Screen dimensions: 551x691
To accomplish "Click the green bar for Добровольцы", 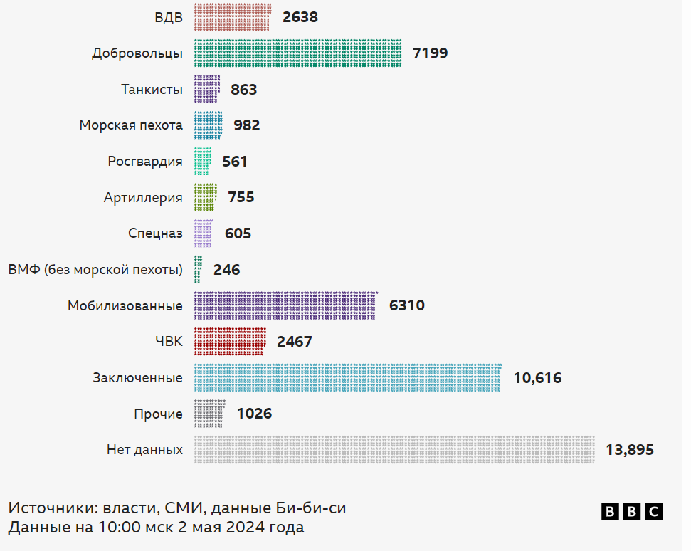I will tap(297, 53).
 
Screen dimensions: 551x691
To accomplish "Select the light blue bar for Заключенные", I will tap(347, 377).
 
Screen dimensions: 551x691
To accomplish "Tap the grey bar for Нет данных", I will tap(394, 450).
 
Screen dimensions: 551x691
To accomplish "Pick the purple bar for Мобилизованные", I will tap(285, 305).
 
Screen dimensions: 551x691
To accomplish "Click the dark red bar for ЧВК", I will tap(230, 342).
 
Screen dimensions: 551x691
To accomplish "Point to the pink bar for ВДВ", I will tap(232, 17).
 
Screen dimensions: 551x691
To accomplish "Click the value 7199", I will tap(430, 53).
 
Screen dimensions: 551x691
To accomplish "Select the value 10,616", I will tap(537, 378).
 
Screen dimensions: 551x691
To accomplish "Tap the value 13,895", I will tap(630, 450).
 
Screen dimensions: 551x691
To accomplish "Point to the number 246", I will tap(227, 270).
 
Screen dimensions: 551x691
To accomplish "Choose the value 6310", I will tap(407, 305).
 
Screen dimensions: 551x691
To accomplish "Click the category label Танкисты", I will tap(152, 89).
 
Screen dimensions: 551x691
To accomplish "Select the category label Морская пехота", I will tap(131, 125).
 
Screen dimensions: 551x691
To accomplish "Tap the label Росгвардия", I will tap(145, 162).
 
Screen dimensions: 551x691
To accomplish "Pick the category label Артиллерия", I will tap(143, 197).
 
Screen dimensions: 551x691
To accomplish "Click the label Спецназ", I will tap(155, 233).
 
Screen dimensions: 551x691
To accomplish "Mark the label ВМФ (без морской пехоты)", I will tap(95, 270).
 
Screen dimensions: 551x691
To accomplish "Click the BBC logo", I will tap(632, 511).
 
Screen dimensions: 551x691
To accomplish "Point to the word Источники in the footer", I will tap(53, 508).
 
